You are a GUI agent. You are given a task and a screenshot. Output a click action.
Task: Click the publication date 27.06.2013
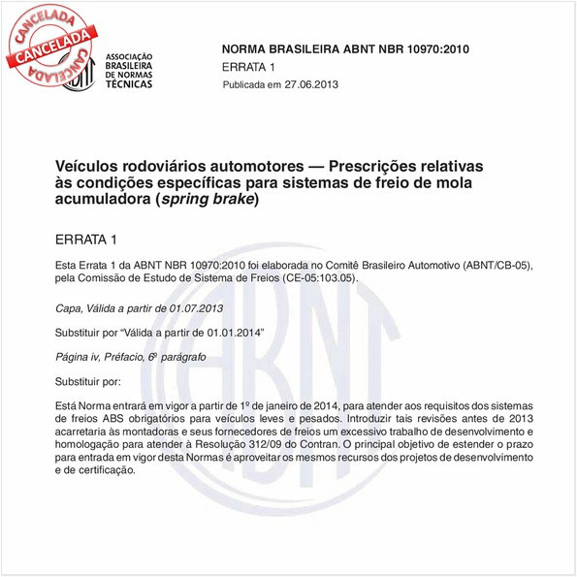point(311,85)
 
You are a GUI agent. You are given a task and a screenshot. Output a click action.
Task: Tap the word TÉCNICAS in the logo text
point(127,84)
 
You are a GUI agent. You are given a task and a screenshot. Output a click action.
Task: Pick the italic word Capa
point(68,307)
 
